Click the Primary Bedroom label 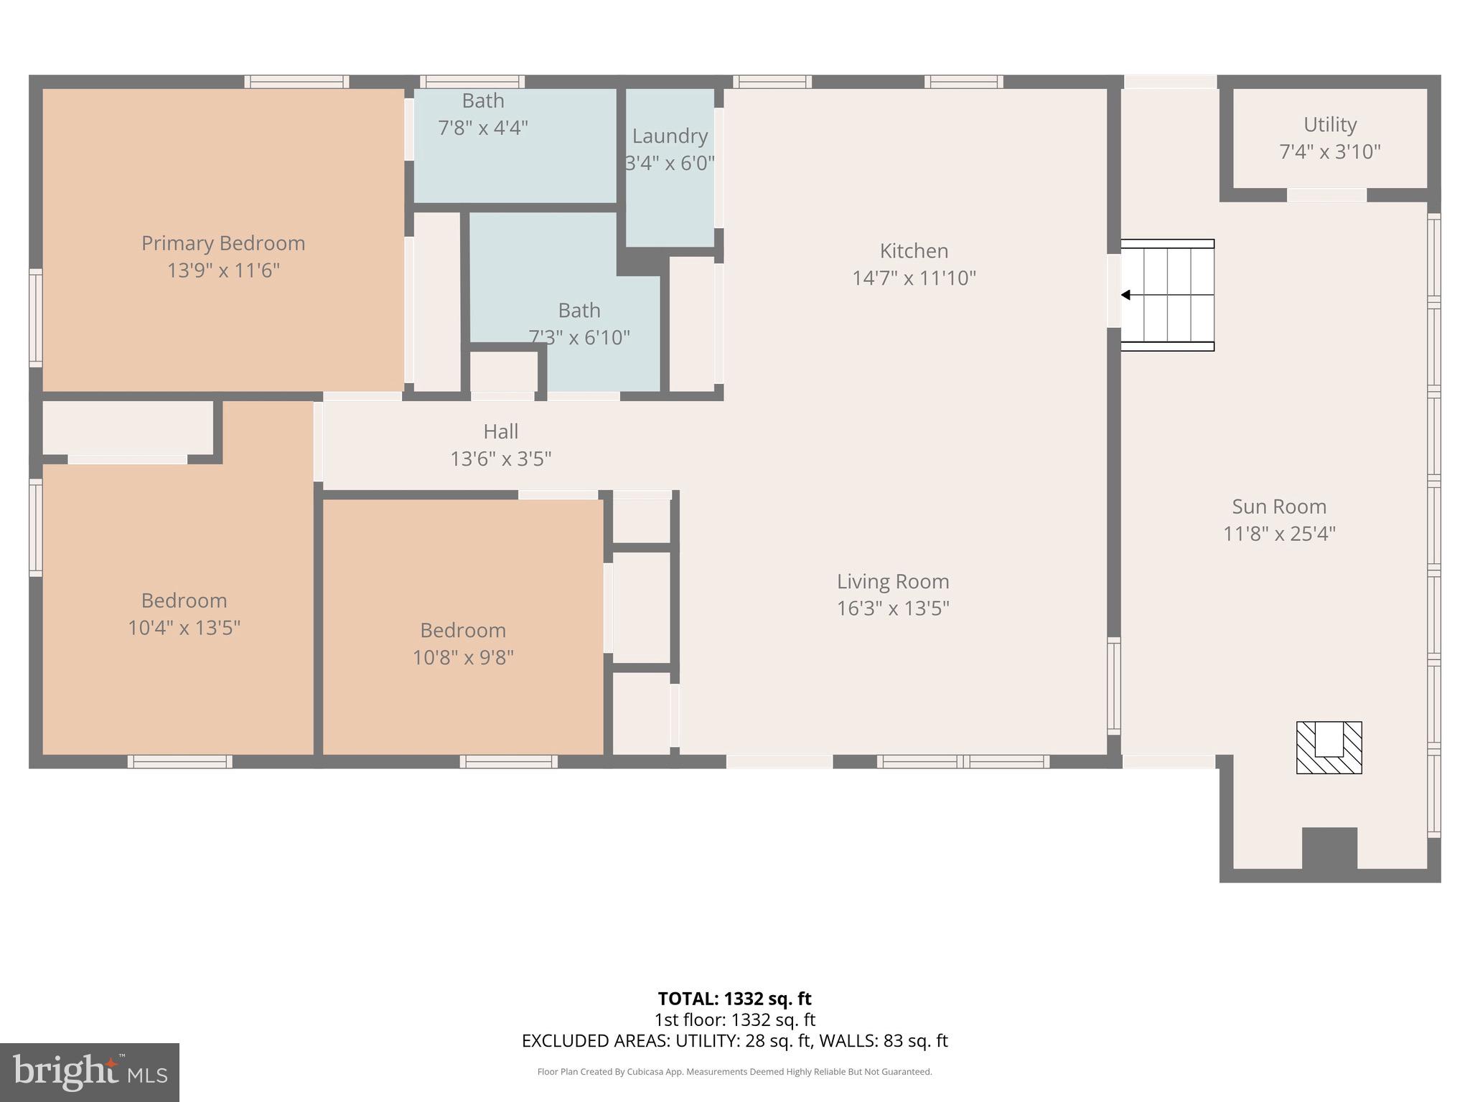pos(223,243)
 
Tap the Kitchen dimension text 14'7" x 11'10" pos(914,278)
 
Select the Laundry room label pos(670,136)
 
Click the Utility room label pos(1330,125)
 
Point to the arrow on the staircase pos(1125,295)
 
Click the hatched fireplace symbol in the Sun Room pos(1329,748)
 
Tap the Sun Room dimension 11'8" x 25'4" pos(1279,534)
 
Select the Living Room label pos(893,581)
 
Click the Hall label pos(500,431)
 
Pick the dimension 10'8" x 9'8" pos(463,657)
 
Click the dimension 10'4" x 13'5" pos(184,628)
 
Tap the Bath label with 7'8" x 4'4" pos(483,101)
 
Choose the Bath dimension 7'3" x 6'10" pos(579,337)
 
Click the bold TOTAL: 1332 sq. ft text pos(734,999)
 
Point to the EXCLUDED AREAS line pos(734,1040)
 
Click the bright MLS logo pos(89,1073)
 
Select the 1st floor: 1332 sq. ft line pos(734,1019)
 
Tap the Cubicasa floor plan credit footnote pos(734,1072)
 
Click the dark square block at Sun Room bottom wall pos(1329,848)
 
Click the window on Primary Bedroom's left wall pos(35,318)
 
